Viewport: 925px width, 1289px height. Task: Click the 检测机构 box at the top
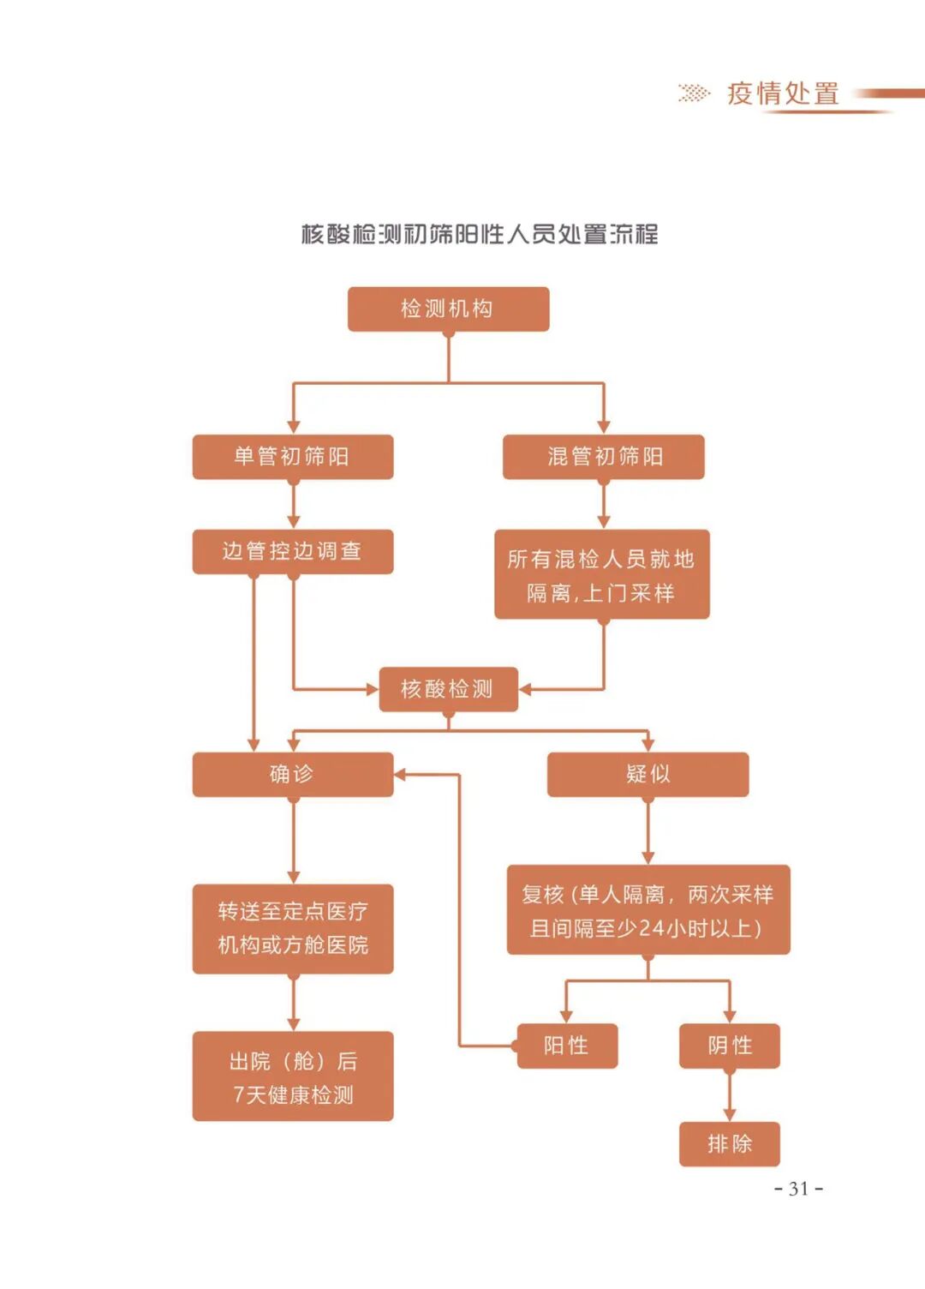(x=448, y=309)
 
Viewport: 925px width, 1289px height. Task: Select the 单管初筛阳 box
(x=292, y=456)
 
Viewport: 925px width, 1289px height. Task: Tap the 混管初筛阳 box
(x=603, y=456)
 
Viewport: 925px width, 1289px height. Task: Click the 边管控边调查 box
(x=292, y=551)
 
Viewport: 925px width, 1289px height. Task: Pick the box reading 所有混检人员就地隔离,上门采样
(x=601, y=574)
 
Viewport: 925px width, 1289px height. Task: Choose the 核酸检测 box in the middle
(x=448, y=689)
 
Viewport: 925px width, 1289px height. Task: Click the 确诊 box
(x=292, y=774)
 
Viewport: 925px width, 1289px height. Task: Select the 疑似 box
(x=647, y=774)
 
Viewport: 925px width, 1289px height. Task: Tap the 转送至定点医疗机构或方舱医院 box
(x=292, y=928)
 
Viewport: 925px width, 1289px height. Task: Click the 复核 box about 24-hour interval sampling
(x=647, y=910)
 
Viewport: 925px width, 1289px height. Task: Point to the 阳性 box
(x=566, y=1046)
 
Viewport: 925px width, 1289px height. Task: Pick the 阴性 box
(x=729, y=1046)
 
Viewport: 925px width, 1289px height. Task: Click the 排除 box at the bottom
(x=729, y=1143)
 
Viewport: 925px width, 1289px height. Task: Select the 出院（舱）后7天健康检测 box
(x=292, y=1076)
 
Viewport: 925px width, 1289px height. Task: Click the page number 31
(x=798, y=1189)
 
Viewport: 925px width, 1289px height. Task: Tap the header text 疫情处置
(x=783, y=93)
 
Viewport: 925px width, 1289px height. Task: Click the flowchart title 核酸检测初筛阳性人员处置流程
(x=480, y=234)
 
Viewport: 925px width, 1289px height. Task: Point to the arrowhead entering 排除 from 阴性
(x=729, y=1114)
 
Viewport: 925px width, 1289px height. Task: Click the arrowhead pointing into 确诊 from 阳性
(x=400, y=775)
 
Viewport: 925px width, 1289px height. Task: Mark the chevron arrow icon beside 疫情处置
(x=694, y=93)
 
